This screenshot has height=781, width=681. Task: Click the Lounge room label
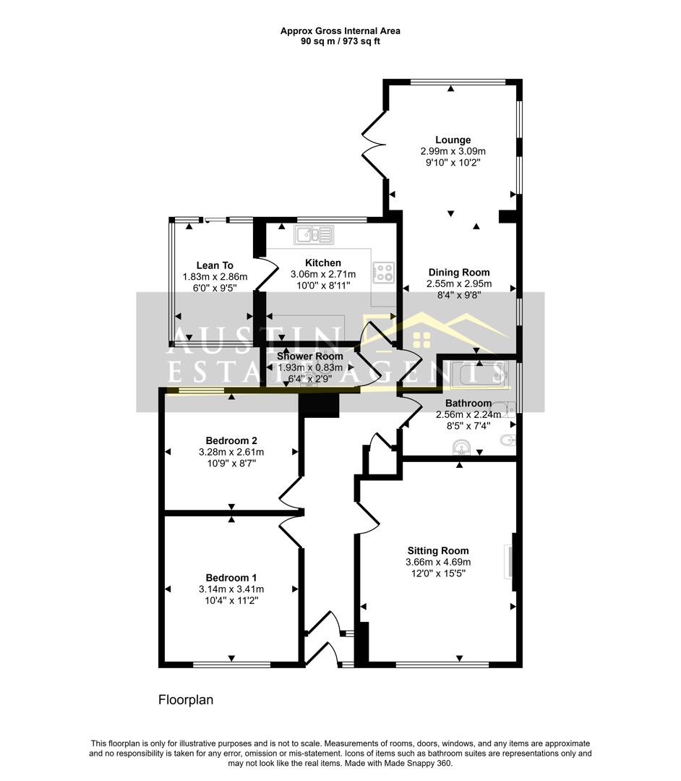tap(453, 140)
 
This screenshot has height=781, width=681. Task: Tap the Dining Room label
tap(459, 273)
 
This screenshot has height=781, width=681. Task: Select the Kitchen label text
tap(323, 263)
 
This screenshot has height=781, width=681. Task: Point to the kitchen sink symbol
tap(314, 234)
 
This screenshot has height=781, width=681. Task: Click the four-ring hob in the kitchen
tap(384, 272)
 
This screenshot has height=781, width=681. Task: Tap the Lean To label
tap(215, 265)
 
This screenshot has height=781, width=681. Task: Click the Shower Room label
tap(309, 356)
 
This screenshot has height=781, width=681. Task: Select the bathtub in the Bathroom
tap(479, 374)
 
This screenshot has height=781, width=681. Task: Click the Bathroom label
tap(468, 403)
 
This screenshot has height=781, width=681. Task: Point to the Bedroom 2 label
tap(231, 441)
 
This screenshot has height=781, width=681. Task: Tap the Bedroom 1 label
tap(231, 578)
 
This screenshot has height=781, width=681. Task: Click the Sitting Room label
tap(438, 551)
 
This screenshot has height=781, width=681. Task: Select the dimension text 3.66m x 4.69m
tap(438, 563)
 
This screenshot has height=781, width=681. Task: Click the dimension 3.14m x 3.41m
tap(231, 589)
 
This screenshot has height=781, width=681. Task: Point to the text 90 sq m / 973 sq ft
tap(340, 41)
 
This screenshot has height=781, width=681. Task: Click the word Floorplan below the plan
tap(186, 700)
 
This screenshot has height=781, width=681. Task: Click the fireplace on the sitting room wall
tap(510, 563)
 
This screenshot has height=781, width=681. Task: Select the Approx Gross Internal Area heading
tap(340, 31)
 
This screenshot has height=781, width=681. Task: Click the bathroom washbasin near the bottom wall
tap(461, 448)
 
